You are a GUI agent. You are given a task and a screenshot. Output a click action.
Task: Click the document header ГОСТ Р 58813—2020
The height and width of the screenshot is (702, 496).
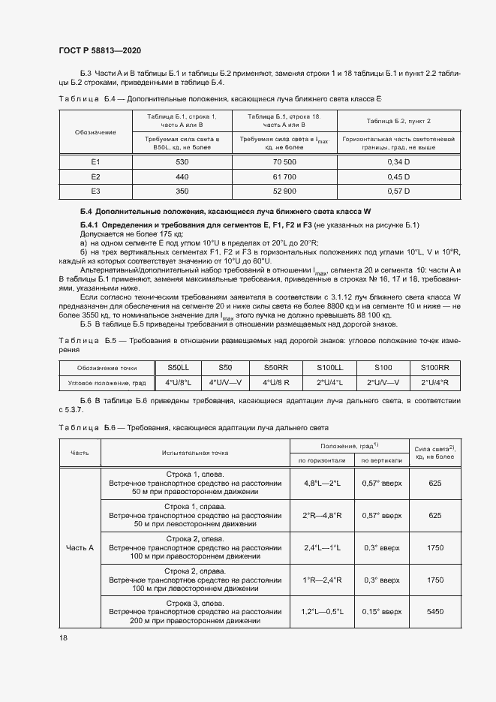99,51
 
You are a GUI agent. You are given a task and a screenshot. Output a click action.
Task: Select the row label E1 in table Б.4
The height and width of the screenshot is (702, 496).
95,161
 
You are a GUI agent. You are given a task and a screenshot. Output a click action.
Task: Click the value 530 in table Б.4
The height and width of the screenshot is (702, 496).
182,161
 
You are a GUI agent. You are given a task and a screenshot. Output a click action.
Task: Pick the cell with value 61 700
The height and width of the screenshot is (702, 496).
284,176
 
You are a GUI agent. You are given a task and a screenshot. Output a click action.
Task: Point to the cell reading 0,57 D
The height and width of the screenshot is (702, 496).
387,191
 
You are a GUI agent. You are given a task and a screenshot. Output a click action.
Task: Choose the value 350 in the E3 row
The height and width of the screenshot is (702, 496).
182,191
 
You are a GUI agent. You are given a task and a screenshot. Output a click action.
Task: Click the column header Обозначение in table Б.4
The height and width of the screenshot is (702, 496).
95,132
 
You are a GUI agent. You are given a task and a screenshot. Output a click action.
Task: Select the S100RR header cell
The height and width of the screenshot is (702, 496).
434,367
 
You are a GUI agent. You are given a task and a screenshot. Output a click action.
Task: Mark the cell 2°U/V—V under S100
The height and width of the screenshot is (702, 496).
383,382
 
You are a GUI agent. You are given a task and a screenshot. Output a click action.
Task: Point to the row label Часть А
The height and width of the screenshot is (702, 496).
80,548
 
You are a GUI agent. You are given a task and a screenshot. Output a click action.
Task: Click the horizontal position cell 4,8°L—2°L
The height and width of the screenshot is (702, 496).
322,484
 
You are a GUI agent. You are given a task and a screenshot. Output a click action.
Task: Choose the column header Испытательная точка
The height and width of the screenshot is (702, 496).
194,453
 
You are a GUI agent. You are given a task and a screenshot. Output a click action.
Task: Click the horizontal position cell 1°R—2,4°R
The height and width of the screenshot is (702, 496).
322,580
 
